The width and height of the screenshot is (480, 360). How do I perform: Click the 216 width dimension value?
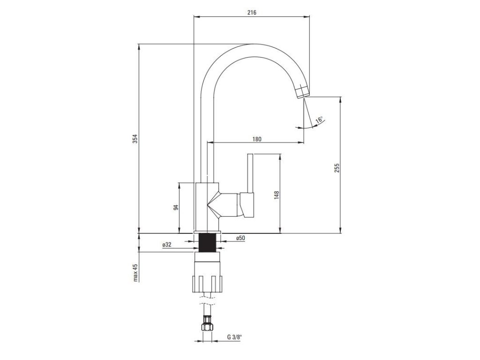(252, 13)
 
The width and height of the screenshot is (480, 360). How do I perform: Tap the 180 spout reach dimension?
(256, 139)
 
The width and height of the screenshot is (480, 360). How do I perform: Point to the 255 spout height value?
(336, 168)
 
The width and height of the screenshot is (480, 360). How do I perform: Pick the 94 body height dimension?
(175, 207)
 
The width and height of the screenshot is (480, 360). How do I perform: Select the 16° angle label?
(319, 120)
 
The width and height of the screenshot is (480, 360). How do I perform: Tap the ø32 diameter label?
(167, 245)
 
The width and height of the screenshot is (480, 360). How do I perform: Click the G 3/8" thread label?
(235, 337)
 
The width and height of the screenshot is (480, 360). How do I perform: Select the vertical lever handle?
(250, 173)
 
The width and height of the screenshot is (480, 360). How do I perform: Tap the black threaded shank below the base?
(207, 242)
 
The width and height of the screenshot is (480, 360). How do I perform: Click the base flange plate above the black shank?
(207, 232)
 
